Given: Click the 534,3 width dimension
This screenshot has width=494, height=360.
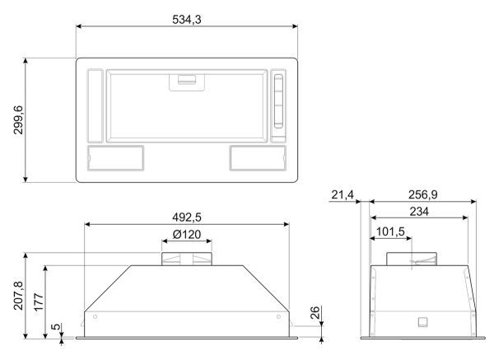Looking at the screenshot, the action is (187, 20).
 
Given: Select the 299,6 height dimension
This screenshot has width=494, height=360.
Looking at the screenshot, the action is (18, 120).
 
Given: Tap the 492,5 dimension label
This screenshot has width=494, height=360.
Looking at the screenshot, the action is (187, 217).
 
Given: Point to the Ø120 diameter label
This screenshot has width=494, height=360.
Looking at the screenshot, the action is (187, 234).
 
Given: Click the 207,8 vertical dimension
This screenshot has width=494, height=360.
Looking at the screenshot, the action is (18, 296).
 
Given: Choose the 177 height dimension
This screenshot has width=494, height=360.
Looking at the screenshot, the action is (39, 302).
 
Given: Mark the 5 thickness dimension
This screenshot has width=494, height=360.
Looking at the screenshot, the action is (55, 326).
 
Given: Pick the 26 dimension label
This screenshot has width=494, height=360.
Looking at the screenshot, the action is (315, 312).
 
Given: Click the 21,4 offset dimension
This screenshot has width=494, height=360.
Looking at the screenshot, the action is (343, 194).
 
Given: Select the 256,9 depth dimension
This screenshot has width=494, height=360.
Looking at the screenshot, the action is (423, 194).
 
